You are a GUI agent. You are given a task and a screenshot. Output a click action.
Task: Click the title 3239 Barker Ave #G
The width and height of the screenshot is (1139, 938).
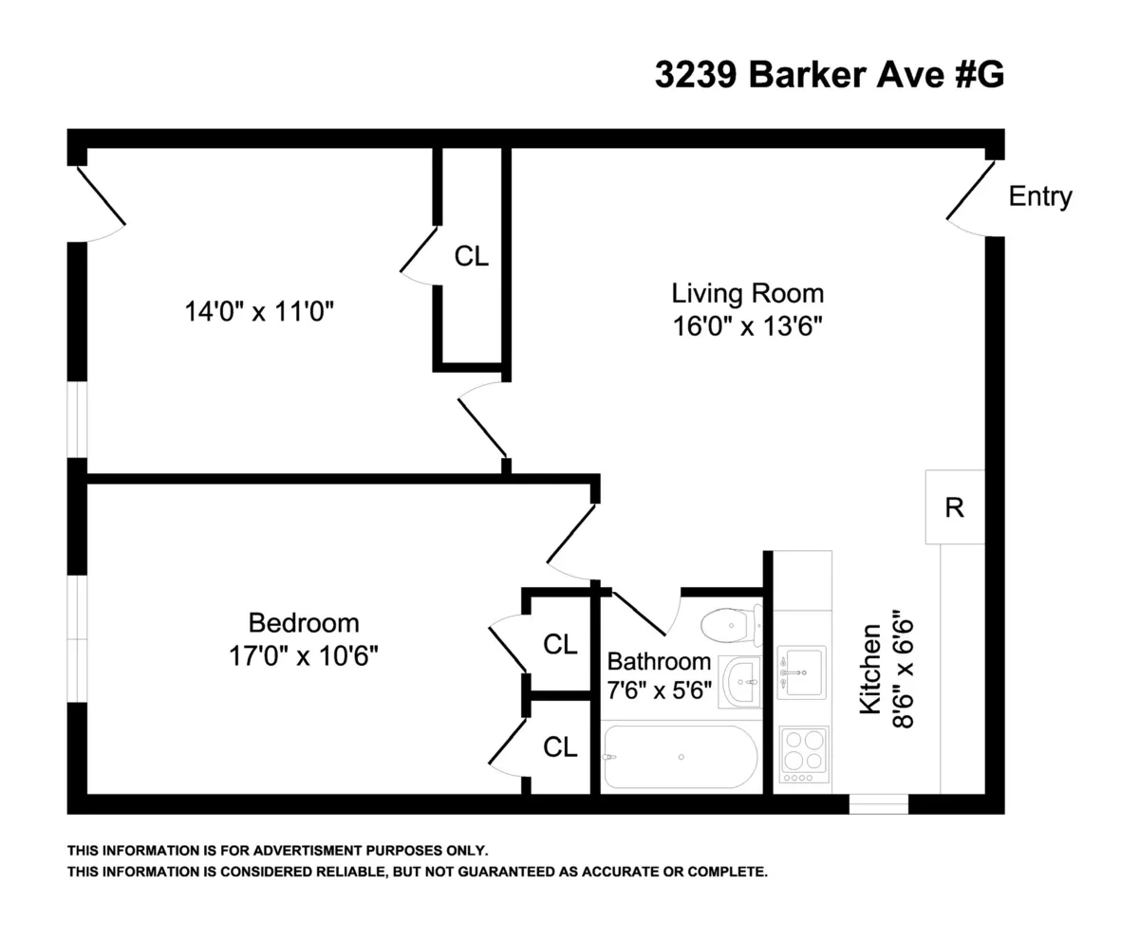click(829, 75)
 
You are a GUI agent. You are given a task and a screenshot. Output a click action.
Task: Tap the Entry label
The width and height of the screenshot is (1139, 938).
click(1039, 197)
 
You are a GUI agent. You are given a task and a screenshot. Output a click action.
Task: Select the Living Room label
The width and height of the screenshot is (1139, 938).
click(747, 292)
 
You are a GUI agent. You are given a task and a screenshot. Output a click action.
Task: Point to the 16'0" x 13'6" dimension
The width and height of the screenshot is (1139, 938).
click(747, 326)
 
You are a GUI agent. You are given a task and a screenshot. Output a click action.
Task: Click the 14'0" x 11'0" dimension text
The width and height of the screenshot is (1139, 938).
click(261, 311)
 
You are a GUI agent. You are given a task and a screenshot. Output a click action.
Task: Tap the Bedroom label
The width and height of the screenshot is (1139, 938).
click(304, 623)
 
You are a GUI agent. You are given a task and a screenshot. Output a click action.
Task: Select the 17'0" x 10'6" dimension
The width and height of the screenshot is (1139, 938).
click(304, 655)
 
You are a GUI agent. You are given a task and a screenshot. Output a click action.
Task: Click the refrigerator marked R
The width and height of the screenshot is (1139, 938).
click(955, 507)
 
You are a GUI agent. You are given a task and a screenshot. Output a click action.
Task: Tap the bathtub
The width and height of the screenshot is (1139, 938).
click(680, 758)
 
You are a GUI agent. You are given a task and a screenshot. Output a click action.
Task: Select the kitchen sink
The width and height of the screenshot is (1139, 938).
click(801, 671)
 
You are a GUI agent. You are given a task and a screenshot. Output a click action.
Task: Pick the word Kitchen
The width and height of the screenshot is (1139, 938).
click(870, 674)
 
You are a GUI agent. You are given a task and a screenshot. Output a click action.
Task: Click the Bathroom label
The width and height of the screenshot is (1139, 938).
click(659, 661)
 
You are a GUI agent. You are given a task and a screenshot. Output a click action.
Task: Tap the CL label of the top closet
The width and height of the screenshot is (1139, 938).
click(472, 256)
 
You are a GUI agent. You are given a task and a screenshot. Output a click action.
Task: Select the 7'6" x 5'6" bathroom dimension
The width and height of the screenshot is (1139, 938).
click(659, 690)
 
